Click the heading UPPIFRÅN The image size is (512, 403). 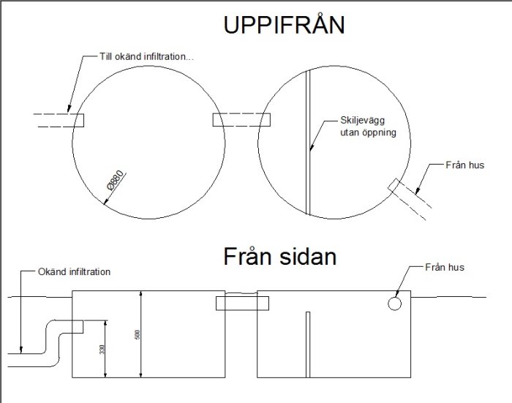pos(284,23)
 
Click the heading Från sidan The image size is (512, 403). pos(280,257)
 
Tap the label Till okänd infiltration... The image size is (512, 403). pos(146,56)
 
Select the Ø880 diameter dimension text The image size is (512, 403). pos(116,180)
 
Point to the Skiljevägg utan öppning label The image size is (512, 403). pos(369,126)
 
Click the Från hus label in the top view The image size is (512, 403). pos(465,165)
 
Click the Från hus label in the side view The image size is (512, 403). pos(445,268)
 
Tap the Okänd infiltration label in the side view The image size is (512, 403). pos(74,272)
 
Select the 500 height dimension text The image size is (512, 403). pos(138,334)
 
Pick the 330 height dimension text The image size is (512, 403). pos(102,350)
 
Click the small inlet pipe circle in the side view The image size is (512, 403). pos(394,304)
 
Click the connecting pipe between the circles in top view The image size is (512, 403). pos(241,119)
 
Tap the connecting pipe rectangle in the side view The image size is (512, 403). pos(242,303)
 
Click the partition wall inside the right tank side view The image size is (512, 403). pos(308,344)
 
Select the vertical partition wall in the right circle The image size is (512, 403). pos(308,143)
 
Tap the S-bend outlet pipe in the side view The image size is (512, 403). pos(45,343)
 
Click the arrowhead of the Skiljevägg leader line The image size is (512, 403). pos(312,147)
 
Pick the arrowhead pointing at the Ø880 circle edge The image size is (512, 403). pos(105,202)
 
